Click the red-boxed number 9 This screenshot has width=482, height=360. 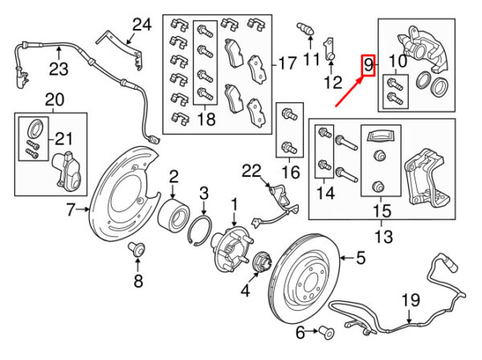369,64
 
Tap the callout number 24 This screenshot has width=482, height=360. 141,25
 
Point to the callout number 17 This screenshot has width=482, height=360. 287,62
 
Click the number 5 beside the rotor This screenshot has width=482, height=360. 361,258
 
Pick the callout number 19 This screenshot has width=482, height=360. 411,301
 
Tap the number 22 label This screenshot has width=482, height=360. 251,170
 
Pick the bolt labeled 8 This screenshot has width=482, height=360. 137,251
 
